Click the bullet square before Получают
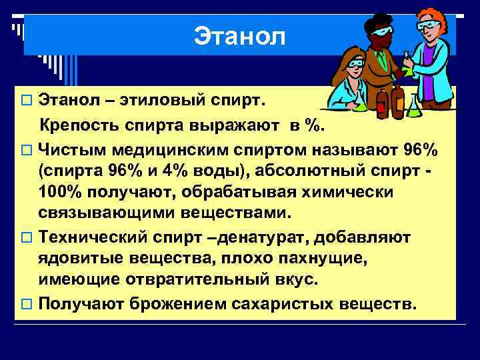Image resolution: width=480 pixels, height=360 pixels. (27, 304)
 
